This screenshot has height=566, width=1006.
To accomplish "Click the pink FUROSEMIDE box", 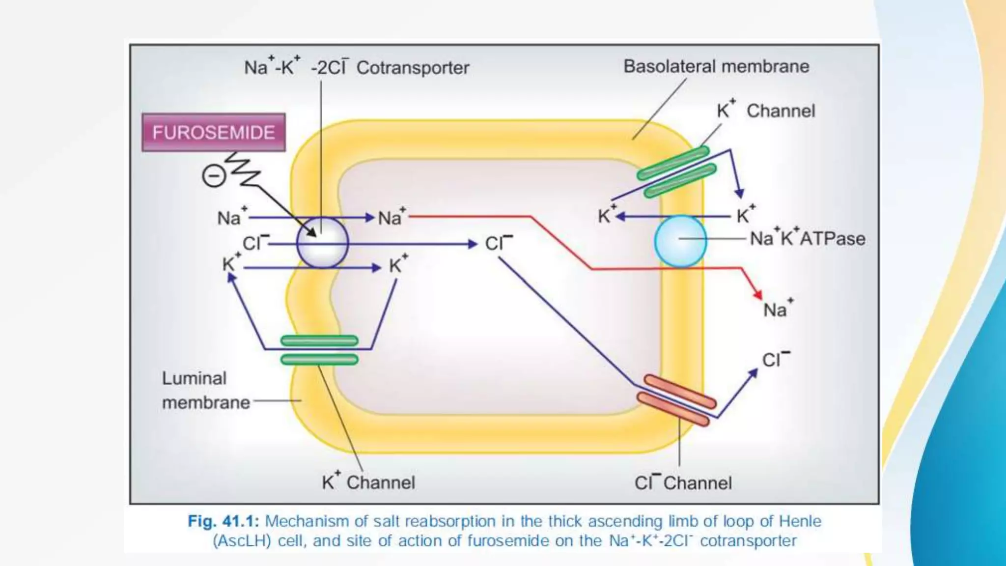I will (x=214, y=133).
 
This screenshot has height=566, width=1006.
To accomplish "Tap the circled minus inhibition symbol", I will (x=214, y=176).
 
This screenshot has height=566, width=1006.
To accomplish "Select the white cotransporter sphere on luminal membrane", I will (x=323, y=243).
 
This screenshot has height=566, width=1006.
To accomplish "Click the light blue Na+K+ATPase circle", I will (x=680, y=241).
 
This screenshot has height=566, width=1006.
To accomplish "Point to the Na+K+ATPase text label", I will (x=807, y=238).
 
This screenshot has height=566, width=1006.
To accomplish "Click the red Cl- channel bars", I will (x=676, y=400).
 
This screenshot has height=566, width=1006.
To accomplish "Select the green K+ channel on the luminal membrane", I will (x=319, y=350).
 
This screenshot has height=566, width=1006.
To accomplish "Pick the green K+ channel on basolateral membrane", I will (x=676, y=171).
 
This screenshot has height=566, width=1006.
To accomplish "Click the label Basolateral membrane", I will (x=716, y=66).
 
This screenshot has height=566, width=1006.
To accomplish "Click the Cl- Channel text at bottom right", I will (x=683, y=482).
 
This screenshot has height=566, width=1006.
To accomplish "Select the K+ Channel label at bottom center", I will (x=368, y=482).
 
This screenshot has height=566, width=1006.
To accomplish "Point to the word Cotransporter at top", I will (x=413, y=68).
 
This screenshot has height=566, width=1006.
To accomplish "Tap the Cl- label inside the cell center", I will (x=498, y=243).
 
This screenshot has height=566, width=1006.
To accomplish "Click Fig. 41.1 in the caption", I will (x=223, y=521).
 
